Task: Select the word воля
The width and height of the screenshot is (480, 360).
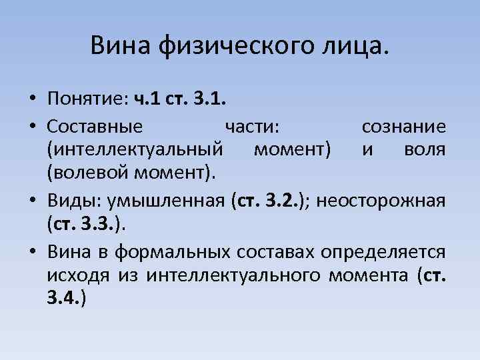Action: (x=425, y=150)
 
